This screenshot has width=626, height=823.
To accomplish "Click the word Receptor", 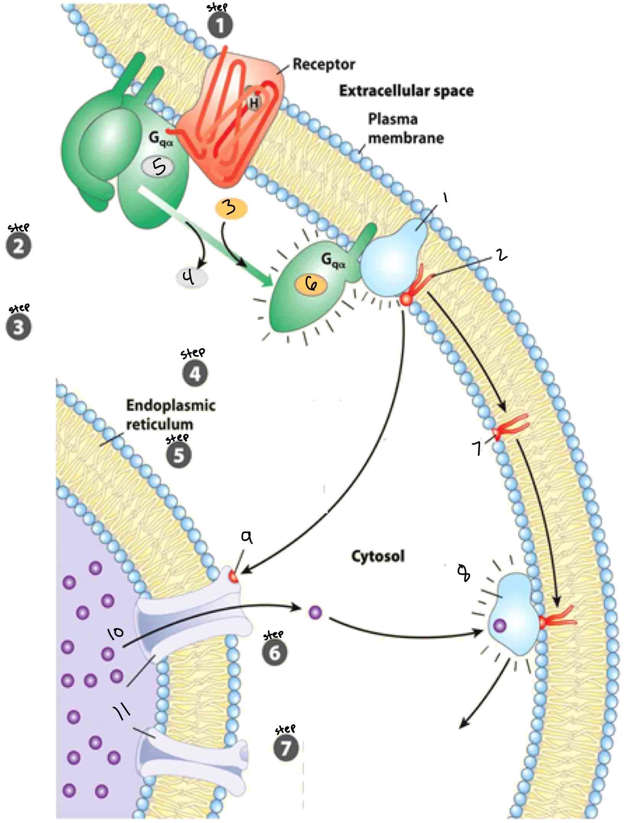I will (x=324, y=65).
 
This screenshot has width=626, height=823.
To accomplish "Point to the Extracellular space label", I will (x=406, y=91).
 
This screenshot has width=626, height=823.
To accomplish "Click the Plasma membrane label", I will (x=406, y=129).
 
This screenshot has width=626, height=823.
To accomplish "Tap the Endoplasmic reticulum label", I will (x=171, y=415).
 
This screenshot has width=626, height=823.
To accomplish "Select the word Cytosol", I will (x=377, y=556).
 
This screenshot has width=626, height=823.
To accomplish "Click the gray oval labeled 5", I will (x=158, y=167).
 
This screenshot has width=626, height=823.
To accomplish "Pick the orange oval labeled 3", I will (x=231, y=209).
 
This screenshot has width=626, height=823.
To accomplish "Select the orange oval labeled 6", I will (x=310, y=285).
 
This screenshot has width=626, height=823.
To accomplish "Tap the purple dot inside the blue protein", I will (x=500, y=626).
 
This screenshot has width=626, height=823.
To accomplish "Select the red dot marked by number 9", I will (x=233, y=576).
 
